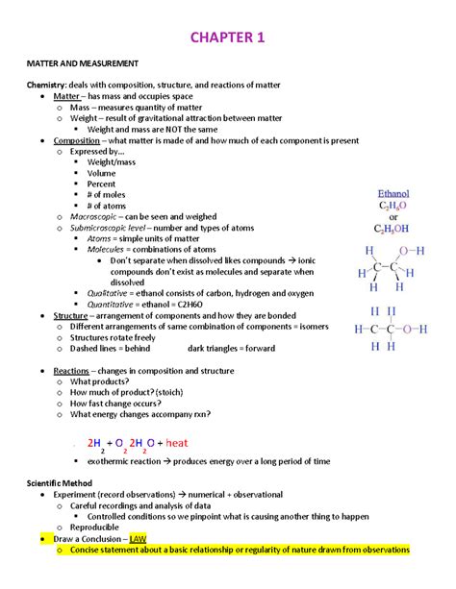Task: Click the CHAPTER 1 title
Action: tap(228, 38)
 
